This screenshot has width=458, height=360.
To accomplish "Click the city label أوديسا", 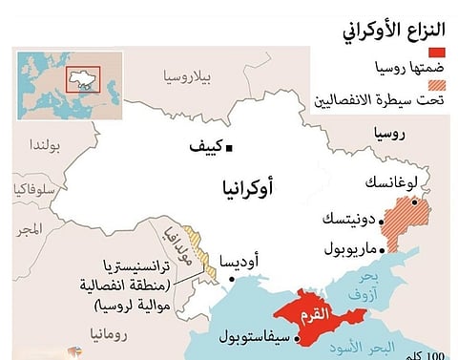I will (239, 261).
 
